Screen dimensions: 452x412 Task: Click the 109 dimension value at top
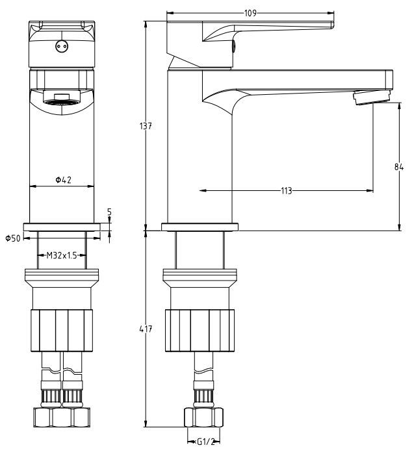pyautogui.click(x=250, y=12)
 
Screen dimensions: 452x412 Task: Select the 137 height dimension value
pyautogui.click(x=148, y=126)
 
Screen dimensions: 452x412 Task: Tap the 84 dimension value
pyautogui.click(x=400, y=166)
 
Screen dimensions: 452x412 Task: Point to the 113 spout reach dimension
pyautogui.click(x=286, y=191)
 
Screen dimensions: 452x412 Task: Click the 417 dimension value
pyautogui.click(x=148, y=329)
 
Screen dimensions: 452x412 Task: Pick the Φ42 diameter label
pyautogui.click(x=63, y=180)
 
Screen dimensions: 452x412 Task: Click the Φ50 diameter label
pyautogui.click(x=13, y=239)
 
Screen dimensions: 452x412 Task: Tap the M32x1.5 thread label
pyautogui.click(x=62, y=256)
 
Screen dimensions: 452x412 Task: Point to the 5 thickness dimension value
pyautogui.click(x=109, y=212)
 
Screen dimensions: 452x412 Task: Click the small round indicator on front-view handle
pyautogui.click(x=62, y=46)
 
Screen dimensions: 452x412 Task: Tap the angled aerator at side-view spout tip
pyautogui.click(x=372, y=98)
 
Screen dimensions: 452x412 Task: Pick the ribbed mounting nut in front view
pyautogui.click(x=62, y=331)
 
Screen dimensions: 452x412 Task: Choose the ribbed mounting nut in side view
pyautogui.click(x=200, y=331)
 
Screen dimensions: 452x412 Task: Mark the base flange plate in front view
pyautogui.click(x=62, y=226)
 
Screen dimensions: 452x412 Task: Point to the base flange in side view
pyautogui.click(x=200, y=226)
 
